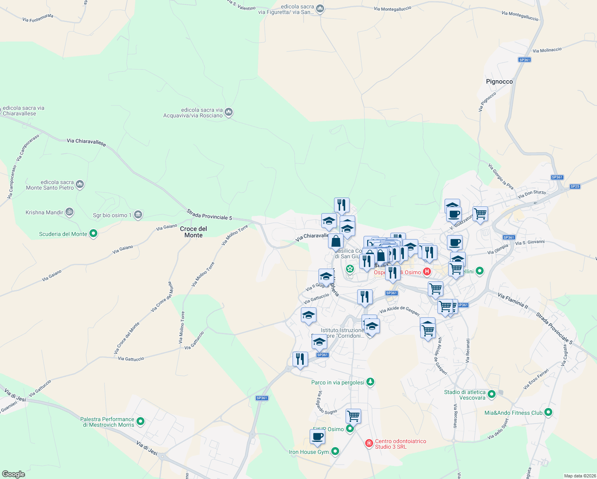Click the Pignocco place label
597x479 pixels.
click(x=499, y=81)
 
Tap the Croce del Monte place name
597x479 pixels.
click(x=194, y=232)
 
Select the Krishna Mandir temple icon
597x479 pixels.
click(x=69, y=212)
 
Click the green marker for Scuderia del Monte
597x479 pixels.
click(x=93, y=234)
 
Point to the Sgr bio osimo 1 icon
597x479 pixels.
click(x=138, y=215)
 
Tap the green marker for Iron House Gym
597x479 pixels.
click(x=335, y=451)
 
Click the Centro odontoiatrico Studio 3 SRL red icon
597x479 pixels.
click(x=369, y=443)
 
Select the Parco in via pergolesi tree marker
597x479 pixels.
click(x=370, y=382)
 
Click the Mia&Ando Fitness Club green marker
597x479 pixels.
click(x=548, y=412)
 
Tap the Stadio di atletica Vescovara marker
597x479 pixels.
click(x=492, y=394)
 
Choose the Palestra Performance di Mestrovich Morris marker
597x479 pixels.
click(x=140, y=421)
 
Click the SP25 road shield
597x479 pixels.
click(x=575, y=186)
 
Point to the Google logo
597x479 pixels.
click(x=14, y=474)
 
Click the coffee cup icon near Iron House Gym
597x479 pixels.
click(x=317, y=437)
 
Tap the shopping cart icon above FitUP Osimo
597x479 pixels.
click(x=353, y=416)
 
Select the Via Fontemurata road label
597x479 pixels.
click(x=38, y=18)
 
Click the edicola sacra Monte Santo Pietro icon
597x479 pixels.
click(x=80, y=184)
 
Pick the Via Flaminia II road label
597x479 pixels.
click(x=513, y=301)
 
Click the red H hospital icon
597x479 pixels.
click(x=427, y=272)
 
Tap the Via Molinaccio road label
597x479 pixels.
click(x=547, y=50)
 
